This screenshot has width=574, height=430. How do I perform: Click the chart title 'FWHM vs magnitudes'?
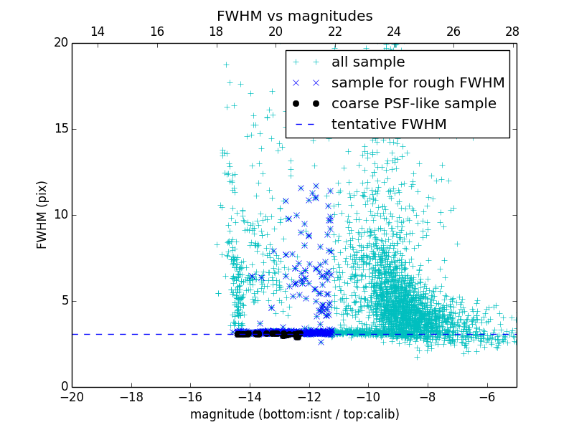click(x=294, y=16)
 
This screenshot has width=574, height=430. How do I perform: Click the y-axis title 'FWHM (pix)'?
click(x=42, y=215)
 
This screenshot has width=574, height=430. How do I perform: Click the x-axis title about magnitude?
click(x=294, y=414)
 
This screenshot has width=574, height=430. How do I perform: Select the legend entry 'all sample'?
click(x=368, y=62)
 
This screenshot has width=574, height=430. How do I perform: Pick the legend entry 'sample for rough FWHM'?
click(x=418, y=83)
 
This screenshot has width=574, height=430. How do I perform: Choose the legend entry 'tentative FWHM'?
click(x=389, y=125)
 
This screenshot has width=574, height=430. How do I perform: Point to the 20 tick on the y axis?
click(x=60, y=43)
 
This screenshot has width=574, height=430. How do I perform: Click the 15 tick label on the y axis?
click(x=60, y=129)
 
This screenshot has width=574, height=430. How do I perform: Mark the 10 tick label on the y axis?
click(x=60, y=215)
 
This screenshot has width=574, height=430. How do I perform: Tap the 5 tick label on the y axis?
click(x=63, y=301)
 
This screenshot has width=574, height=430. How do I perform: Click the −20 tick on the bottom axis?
click(x=72, y=397)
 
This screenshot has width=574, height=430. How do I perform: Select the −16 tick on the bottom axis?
click(x=190, y=397)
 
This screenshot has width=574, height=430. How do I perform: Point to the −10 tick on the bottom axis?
click(x=368, y=397)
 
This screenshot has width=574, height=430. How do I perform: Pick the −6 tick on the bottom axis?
click(x=486, y=397)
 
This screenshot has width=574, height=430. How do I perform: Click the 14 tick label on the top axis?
click(x=98, y=32)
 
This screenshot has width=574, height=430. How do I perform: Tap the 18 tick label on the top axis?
click(x=216, y=32)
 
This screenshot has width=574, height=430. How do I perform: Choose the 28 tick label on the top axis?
click(x=512, y=32)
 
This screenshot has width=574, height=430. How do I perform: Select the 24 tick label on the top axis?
click(x=394, y=32)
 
